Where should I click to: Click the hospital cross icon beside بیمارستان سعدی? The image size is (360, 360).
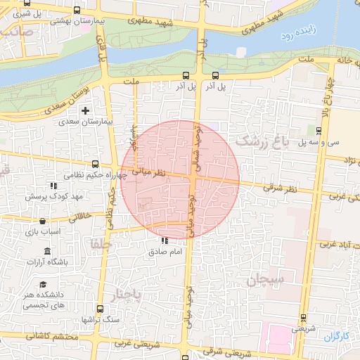point(86,111)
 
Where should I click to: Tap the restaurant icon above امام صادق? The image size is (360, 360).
point(165,241)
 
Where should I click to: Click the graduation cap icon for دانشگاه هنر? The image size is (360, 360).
point(44,284)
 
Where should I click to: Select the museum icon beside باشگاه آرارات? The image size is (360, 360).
point(47,252)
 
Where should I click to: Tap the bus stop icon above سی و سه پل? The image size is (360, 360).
point(319,130)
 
